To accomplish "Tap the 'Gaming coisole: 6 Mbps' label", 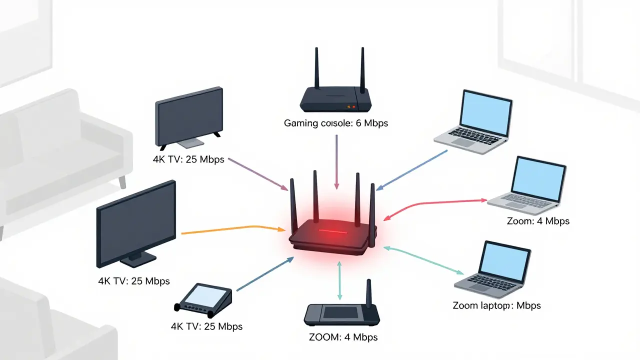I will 336,123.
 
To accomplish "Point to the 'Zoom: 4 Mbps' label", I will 538,220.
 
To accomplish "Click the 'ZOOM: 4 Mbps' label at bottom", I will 343,336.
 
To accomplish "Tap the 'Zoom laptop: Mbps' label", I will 496,305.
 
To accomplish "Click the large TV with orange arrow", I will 136,225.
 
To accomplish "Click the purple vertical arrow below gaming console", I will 336,160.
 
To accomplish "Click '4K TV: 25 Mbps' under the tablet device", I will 206,326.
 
